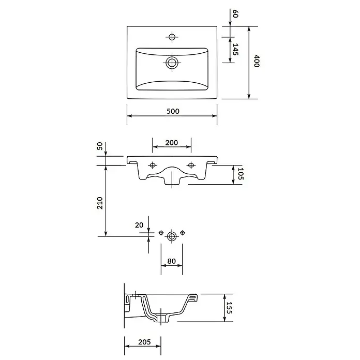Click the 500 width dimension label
coord(173,111)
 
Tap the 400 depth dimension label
coord(257,61)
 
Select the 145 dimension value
coord(235,49)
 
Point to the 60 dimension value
coord(235,14)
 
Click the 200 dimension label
coord(172,143)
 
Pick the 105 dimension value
coord(241,174)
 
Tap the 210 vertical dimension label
coord(100,203)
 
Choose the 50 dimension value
coord(100,146)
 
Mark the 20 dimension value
coord(139,225)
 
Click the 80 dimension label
coord(172,261)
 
